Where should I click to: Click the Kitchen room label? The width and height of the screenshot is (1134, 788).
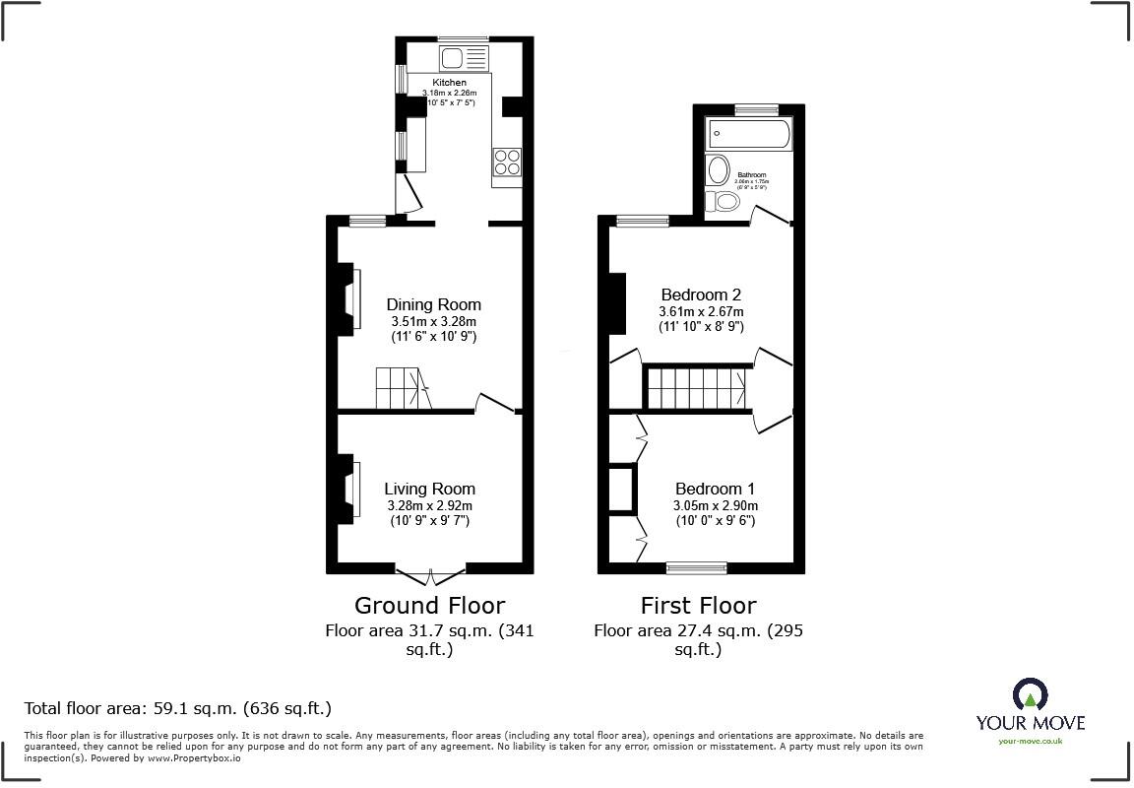(x=450, y=82)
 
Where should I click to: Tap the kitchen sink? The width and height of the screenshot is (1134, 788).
(x=464, y=55)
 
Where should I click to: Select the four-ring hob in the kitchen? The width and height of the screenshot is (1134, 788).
(x=506, y=161)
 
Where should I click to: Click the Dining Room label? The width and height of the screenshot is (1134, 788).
(x=433, y=304)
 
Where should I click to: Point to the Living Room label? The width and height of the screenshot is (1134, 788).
(x=429, y=489)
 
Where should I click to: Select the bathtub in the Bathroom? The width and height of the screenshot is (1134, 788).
(x=748, y=135)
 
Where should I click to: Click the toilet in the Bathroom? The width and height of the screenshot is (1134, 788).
(x=726, y=202)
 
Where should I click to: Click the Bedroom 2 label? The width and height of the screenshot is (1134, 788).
(x=701, y=295)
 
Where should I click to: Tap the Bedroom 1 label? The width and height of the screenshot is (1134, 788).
(x=715, y=489)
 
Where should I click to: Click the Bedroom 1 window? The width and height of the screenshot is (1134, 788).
(x=697, y=567)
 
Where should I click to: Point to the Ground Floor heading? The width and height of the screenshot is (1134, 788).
(x=429, y=605)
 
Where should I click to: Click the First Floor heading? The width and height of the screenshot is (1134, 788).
(x=698, y=605)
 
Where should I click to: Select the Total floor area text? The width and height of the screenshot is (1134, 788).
(x=177, y=707)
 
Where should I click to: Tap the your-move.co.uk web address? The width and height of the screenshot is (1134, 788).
(x=1030, y=741)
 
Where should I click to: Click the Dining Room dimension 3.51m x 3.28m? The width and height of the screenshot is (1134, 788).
(x=433, y=321)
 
